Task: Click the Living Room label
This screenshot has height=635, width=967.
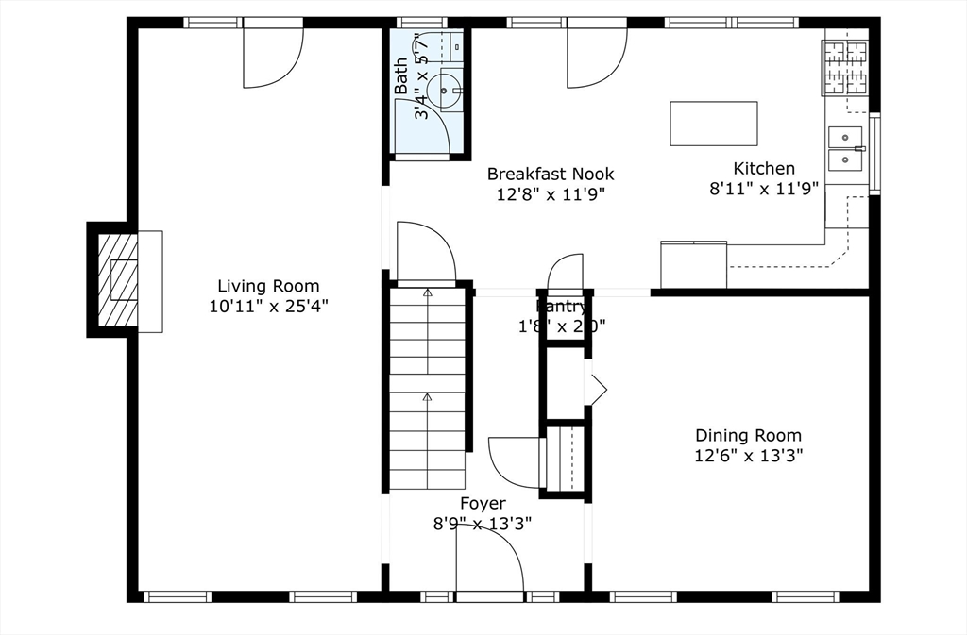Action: [x=268, y=286]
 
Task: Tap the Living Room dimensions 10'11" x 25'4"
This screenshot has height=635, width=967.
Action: [x=268, y=306]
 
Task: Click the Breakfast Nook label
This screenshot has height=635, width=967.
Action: [x=551, y=174]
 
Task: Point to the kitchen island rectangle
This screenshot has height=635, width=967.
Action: [x=713, y=124]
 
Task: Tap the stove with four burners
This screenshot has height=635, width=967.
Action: [x=845, y=67]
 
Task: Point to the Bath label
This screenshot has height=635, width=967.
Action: [x=401, y=75]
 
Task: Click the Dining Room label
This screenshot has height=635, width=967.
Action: [x=748, y=435]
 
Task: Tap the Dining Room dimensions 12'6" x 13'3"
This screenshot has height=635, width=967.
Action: [x=748, y=456]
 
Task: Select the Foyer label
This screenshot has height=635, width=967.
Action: [x=483, y=504]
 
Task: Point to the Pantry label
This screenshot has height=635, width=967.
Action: [x=563, y=306]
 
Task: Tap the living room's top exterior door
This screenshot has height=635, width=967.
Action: [x=272, y=57]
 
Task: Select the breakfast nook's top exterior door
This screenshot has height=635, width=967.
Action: [x=596, y=57]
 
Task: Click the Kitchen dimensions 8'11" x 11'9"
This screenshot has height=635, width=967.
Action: [x=765, y=188]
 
